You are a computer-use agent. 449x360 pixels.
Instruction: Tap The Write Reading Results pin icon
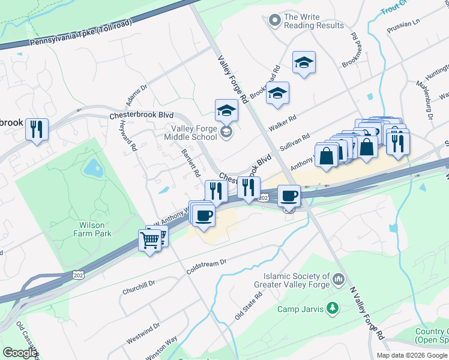[x=274, y=21]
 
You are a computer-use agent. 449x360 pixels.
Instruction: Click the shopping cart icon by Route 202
[x=150, y=241]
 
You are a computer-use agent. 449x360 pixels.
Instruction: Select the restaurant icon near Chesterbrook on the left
[x=37, y=129]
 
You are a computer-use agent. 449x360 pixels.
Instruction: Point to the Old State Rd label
[x=249, y=305]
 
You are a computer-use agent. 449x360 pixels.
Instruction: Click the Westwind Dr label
[x=143, y=334]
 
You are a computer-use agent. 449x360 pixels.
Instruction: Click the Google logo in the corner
[x=20, y=353]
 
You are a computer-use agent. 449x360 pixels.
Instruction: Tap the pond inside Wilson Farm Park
[x=94, y=168]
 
